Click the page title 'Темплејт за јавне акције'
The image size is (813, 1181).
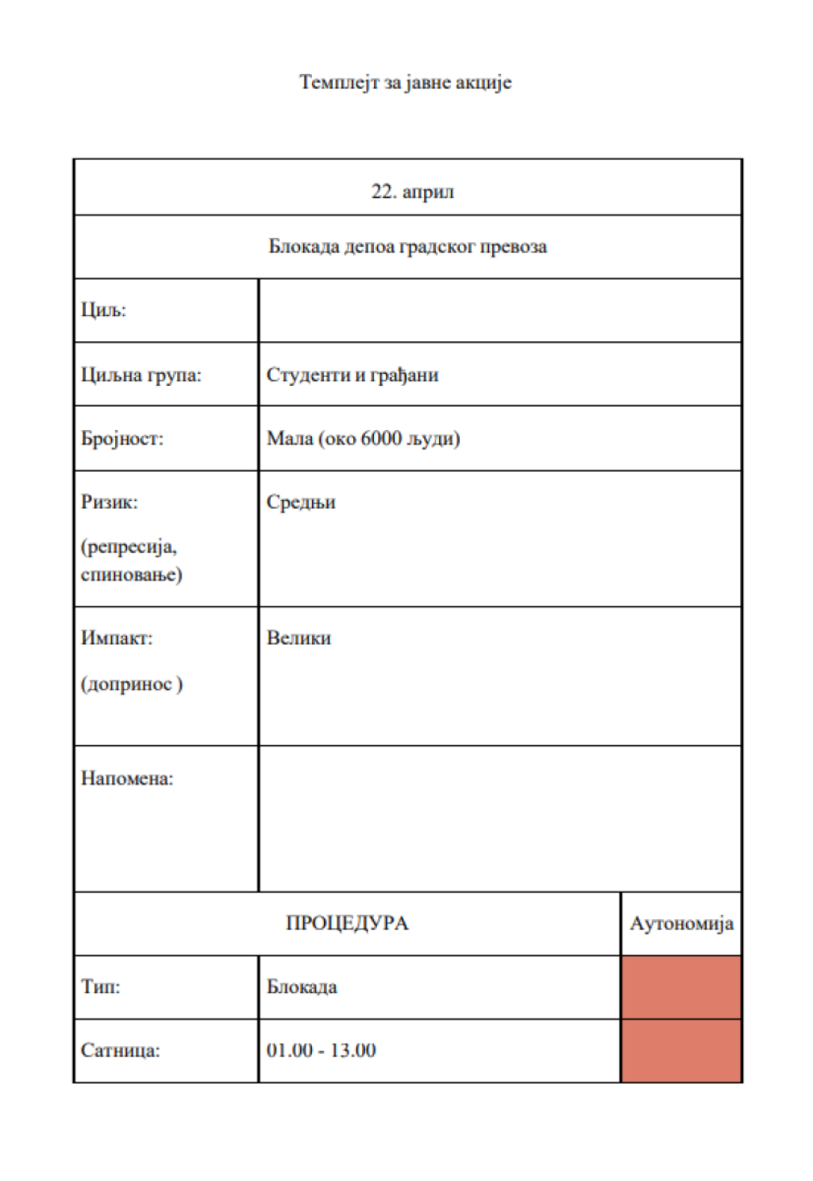tap(405, 83)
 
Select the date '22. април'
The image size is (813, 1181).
tap(412, 192)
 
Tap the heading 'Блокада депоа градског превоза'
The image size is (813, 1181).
tap(407, 247)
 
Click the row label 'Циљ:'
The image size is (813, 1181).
tap(103, 310)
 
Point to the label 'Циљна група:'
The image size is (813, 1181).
tap(141, 375)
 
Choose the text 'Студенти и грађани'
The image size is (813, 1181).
tap(352, 375)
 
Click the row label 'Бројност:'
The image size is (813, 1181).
tap(121, 438)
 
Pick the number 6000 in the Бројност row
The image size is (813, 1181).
tap(380, 438)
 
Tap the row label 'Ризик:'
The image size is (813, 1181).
tap(109, 502)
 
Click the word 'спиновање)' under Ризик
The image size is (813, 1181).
tap(131, 574)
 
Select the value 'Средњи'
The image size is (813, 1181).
tap(301, 502)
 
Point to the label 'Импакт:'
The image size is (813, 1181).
tap(116, 638)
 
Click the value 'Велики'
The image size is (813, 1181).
tap(299, 638)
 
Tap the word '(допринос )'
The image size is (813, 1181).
tap(131, 684)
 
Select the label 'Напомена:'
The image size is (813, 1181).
tap(126, 779)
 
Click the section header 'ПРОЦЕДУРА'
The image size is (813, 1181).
tap(347, 924)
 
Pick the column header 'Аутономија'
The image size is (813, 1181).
tap(681, 924)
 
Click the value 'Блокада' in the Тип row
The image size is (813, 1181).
tap(302, 987)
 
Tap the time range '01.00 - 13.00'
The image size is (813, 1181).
tap(321, 1051)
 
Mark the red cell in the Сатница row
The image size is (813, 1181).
tap(681, 1051)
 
